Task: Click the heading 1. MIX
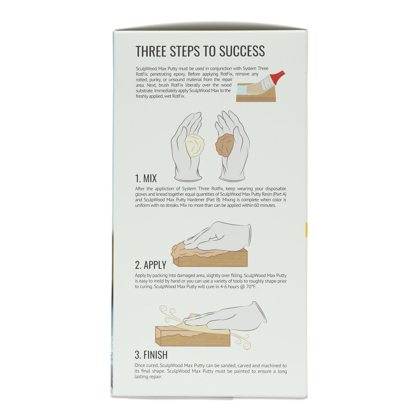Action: [x=146, y=178]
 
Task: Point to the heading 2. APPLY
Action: [x=150, y=265]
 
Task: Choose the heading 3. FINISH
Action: [x=151, y=355]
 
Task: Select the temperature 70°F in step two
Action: [x=249, y=287]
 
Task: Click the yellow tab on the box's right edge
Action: [x=306, y=230]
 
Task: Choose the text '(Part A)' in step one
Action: [x=278, y=194]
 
